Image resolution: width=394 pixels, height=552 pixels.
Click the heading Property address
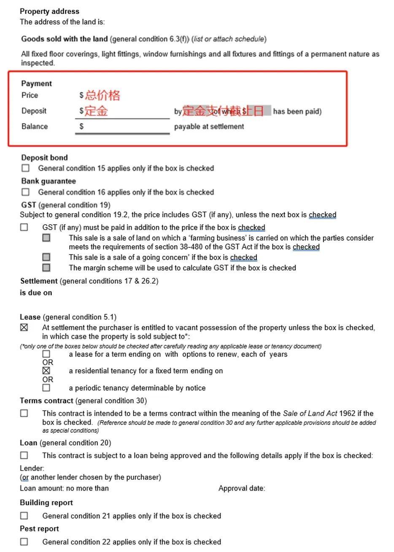point(49,11)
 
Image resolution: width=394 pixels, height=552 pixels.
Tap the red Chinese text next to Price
point(103,95)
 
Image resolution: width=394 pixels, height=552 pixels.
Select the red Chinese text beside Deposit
point(96,111)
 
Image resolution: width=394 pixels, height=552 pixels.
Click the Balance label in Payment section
point(35,126)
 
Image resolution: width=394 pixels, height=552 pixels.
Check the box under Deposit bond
point(26,168)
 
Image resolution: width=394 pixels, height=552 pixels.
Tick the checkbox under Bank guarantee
point(26,192)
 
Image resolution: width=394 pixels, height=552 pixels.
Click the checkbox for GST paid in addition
point(24,227)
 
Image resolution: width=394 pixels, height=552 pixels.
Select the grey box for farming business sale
point(46,238)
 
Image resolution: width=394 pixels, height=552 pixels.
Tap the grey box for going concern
point(46,257)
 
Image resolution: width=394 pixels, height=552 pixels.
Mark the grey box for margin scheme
point(46,268)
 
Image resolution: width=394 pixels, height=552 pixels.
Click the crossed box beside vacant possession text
point(24,327)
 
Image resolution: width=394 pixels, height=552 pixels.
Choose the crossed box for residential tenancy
point(46,371)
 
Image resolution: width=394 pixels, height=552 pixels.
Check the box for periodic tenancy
point(46,388)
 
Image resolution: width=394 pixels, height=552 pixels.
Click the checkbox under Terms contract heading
point(24,413)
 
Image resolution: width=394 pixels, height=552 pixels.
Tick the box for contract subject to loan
point(24,456)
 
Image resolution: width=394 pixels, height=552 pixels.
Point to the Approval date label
point(242,488)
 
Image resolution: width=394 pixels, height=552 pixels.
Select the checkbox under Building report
point(24,516)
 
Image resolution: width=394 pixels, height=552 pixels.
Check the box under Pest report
point(24,541)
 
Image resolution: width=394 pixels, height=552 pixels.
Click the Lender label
point(32,468)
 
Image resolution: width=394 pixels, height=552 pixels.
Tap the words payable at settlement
point(209,126)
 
